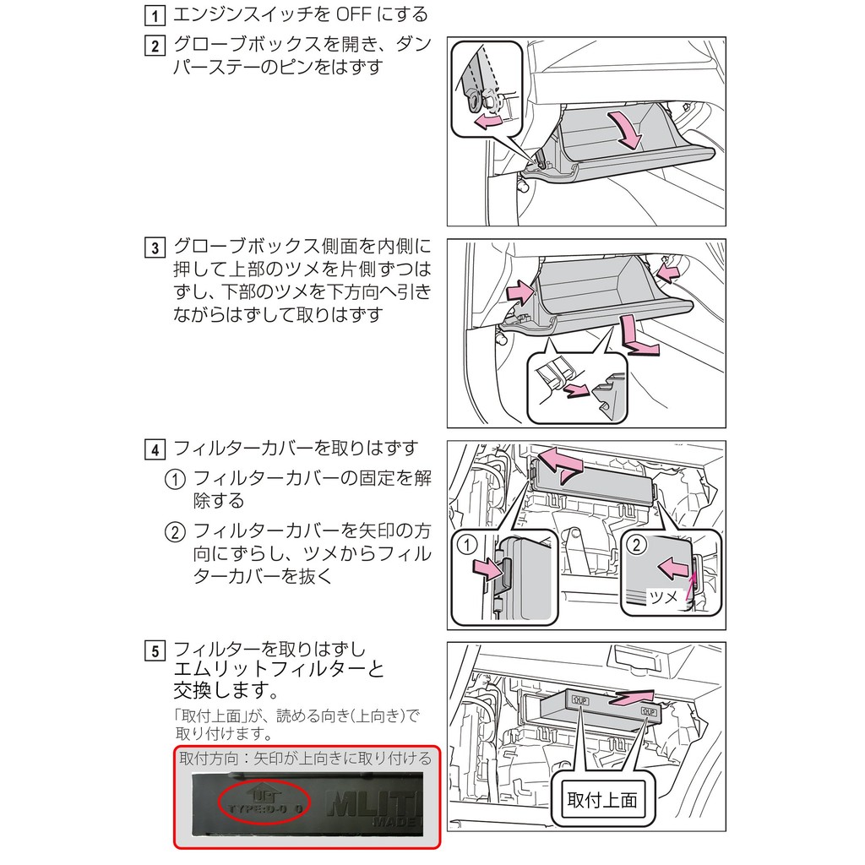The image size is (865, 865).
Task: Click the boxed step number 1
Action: click(155, 15)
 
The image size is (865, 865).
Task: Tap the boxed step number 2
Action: click(155, 46)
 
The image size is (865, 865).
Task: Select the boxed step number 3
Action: click(155, 249)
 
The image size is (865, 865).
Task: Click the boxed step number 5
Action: click(155, 652)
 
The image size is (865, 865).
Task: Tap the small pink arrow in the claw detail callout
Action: click(578, 389)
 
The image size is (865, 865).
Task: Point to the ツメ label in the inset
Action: click(662, 597)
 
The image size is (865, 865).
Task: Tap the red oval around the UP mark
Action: click(264, 798)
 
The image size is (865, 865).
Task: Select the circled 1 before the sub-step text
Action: click(174, 479)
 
